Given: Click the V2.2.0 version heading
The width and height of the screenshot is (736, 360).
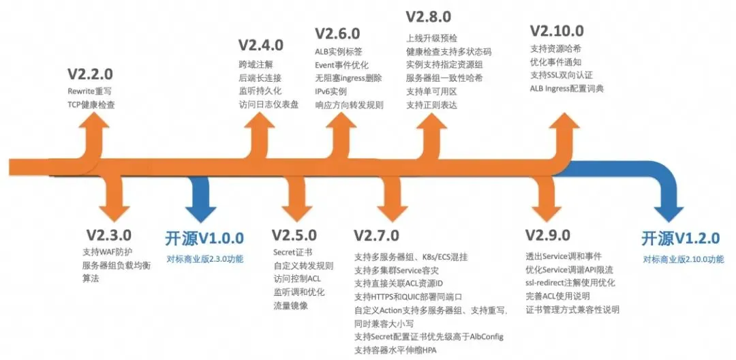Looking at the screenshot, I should coord(90,74).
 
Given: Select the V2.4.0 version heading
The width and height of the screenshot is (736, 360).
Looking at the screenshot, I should coord(260,45).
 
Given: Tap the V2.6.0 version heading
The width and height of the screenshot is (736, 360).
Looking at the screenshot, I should coord(337,33).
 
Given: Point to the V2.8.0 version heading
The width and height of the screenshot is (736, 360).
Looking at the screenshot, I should coord(428,16).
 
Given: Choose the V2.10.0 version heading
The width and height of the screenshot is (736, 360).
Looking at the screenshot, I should coord(557,31).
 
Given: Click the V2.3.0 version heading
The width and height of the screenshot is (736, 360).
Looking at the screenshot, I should coord(109,235).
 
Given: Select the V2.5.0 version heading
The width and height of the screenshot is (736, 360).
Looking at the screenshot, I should coord(294,235).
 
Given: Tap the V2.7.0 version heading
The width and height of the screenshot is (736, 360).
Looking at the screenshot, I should coord(376,235).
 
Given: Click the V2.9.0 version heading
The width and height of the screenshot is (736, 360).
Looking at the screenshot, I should coord(547,235).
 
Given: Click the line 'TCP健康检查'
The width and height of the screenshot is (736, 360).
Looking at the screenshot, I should coord(91,105).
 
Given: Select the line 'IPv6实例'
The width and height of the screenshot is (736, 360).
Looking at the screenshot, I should coord(331,91).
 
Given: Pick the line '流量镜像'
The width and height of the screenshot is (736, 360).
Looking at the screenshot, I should coord(290,305).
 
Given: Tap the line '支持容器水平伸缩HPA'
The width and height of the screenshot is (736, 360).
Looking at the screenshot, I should coord(395,350).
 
